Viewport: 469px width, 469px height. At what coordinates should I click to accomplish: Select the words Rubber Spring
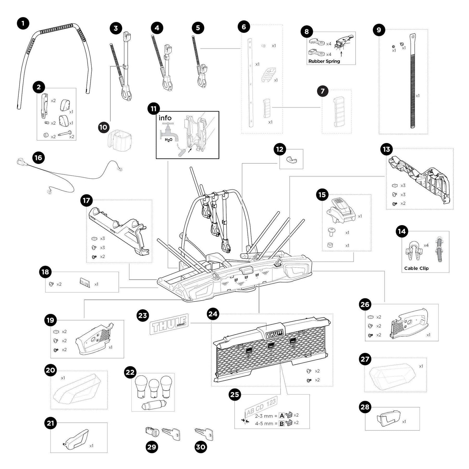pyautogui.click(x=324, y=61)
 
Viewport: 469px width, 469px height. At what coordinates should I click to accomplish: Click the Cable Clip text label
pyautogui.click(x=416, y=268)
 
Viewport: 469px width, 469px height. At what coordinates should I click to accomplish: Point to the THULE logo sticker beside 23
pyautogui.click(x=169, y=324)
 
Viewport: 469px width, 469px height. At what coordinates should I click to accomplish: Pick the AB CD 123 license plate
pyautogui.click(x=261, y=406)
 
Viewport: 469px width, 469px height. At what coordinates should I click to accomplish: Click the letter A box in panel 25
pyautogui.click(x=281, y=415)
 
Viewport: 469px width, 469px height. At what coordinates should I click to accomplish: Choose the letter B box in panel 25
pyautogui.click(x=281, y=424)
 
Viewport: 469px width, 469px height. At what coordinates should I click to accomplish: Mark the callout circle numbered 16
pyautogui.click(x=38, y=158)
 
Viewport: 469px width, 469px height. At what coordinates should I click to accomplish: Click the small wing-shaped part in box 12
pyautogui.click(x=292, y=160)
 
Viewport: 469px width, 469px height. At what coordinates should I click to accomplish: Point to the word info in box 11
pyautogui.click(x=165, y=118)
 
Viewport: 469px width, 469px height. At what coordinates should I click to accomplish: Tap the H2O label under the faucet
pyautogui.click(x=169, y=140)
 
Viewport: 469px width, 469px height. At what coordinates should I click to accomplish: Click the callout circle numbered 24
pyautogui.click(x=213, y=314)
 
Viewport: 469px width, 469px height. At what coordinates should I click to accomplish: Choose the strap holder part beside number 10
pyautogui.click(x=120, y=141)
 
